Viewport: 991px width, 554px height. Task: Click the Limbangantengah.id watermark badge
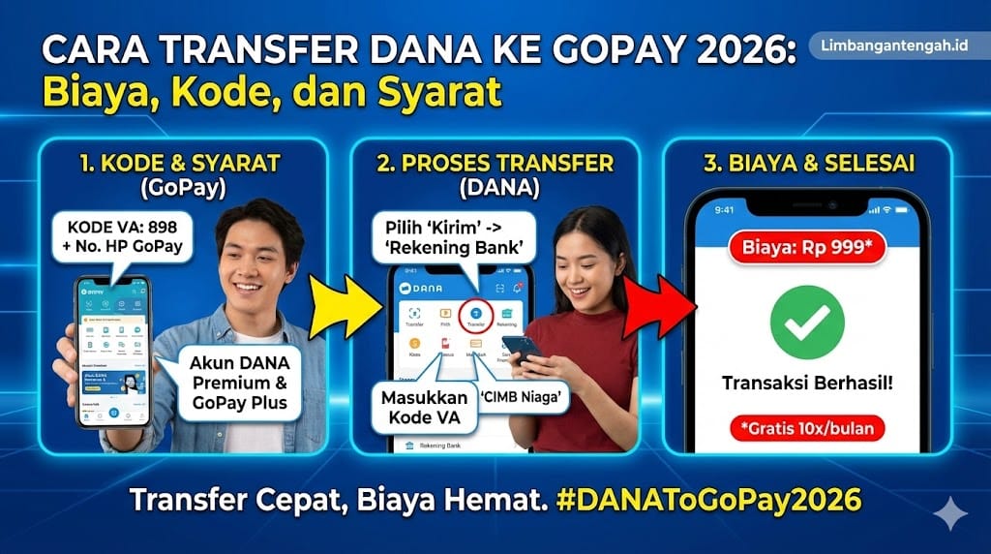click(x=895, y=46)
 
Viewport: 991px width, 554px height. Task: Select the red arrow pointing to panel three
click(x=656, y=306)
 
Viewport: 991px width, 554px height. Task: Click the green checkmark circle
click(x=806, y=323)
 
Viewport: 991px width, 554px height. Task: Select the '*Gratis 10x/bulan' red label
click(x=806, y=427)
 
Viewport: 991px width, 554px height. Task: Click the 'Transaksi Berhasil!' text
click(x=806, y=383)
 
